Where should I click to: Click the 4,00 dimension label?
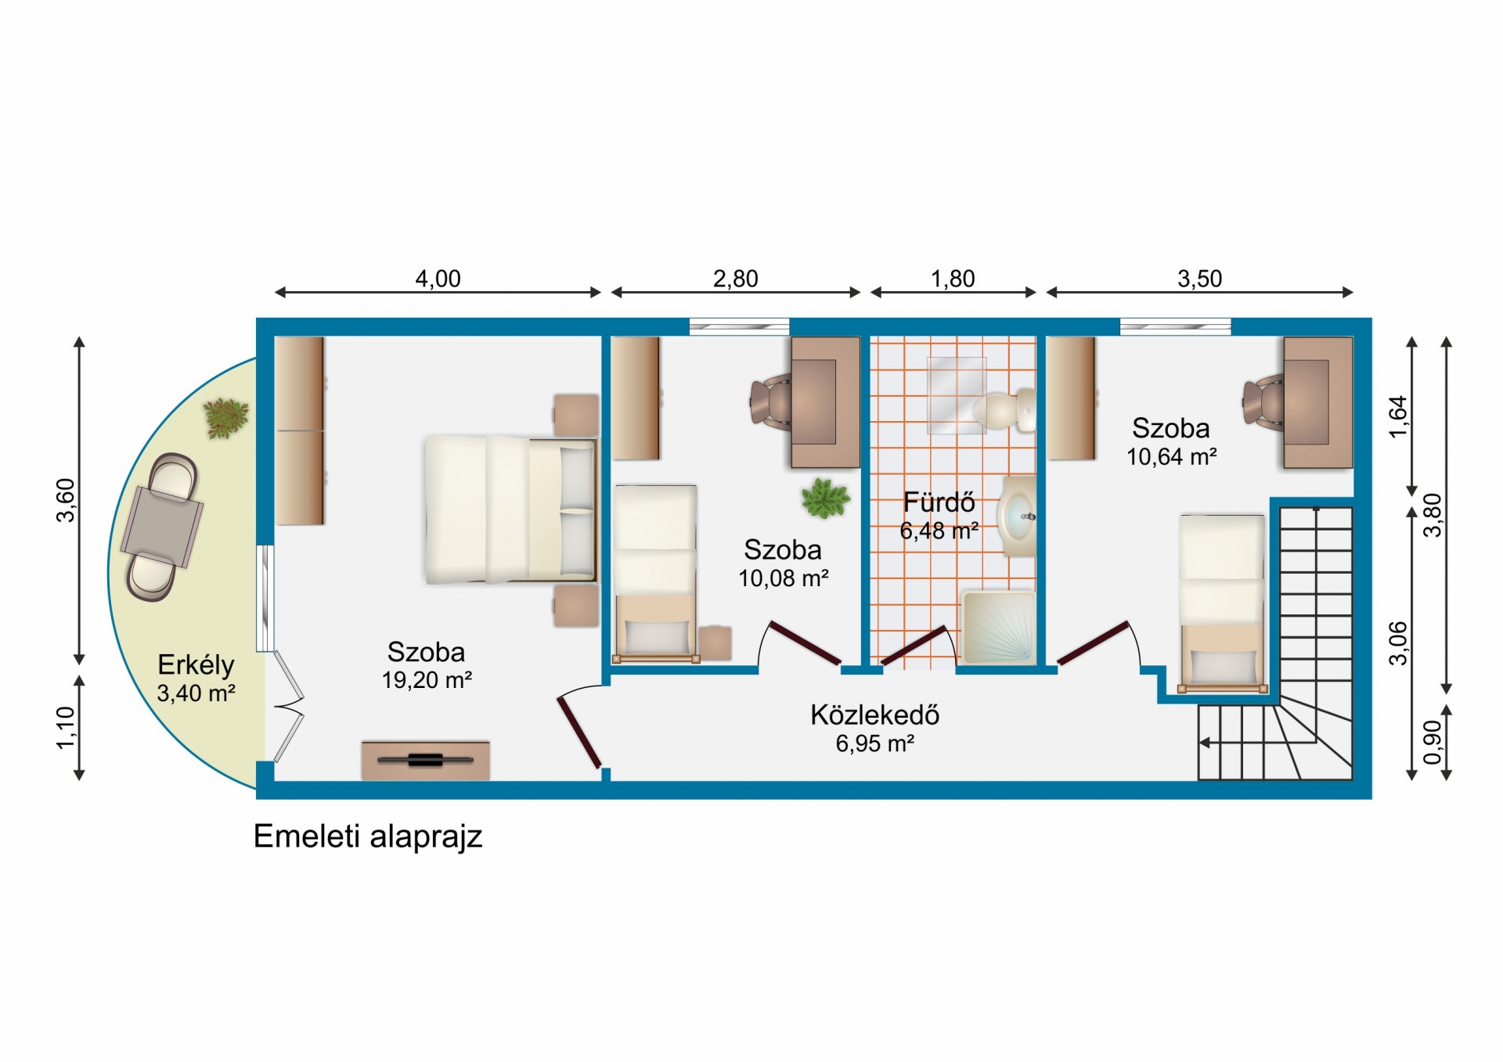tap(438, 279)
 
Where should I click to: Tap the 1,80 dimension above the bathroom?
tap(953, 279)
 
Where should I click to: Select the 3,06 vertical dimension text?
tap(1398, 643)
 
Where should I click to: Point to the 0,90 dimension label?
tap(1433, 742)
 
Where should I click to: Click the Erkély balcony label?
tap(196, 665)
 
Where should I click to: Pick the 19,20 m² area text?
tap(427, 680)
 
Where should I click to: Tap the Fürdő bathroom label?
tap(939, 502)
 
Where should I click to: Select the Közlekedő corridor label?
tap(874, 715)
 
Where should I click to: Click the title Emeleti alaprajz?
tap(368, 837)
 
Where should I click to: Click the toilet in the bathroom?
tap(1005, 410)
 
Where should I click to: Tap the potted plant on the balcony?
tap(225, 417)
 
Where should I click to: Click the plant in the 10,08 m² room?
tap(825, 498)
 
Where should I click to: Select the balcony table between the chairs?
tap(161, 526)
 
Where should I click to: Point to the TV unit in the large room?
tap(426, 760)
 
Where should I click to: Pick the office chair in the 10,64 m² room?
tap(1262, 402)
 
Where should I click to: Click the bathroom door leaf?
tap(914, 646)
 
